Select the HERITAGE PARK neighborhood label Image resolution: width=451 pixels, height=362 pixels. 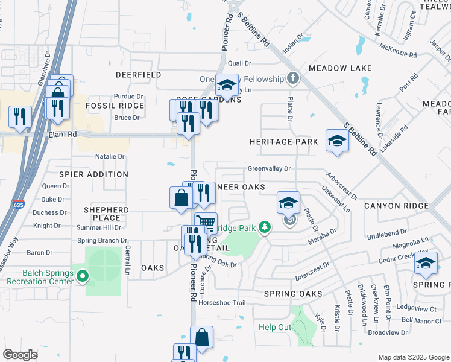pyautogui.click(x=284, y=142)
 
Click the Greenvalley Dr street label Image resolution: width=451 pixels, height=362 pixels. pyautogui.click(x=269, y=169)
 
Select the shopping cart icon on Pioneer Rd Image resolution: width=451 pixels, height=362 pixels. pyautogui.click(x=206, y=223)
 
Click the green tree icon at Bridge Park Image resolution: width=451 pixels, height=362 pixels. pyautogui.click(x=263, y=227)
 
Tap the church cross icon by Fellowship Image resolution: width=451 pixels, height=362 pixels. pyautogui.click(x=292, y=78)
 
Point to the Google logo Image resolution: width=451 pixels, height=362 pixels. pyautogui.click(x=20, y=355)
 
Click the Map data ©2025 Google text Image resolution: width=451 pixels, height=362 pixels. pyautogui.click(x=413, y=357)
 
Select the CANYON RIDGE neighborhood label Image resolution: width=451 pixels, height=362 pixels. pyautogui.click(x=396, y=206)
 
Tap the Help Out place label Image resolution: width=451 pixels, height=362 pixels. pyautogui.click(x=275, y=327)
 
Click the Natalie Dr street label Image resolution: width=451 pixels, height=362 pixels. pyautogui.click(x=110, y=157)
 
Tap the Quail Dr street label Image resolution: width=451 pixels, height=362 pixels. pyautogui.click(x=239, y=63)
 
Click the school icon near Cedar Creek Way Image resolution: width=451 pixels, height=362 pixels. pyautogui.click(x=426, y=263)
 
